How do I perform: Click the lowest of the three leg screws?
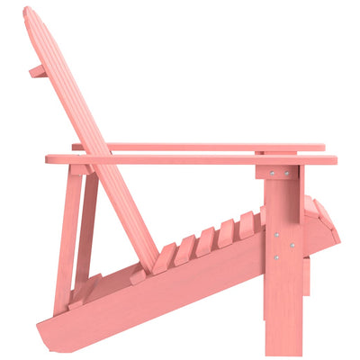275,257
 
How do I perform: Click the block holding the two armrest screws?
278,173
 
